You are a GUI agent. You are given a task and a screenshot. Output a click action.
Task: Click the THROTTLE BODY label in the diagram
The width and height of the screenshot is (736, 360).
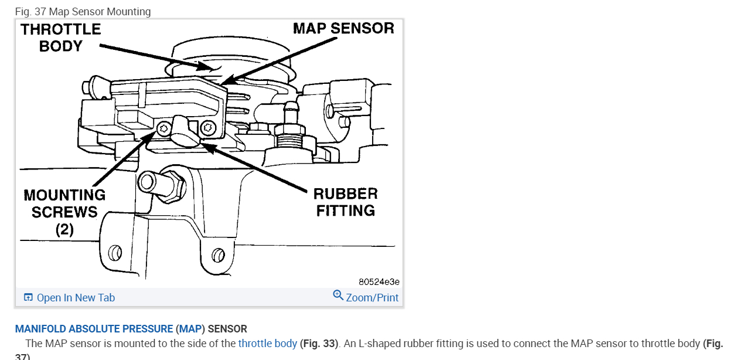coord(61,38)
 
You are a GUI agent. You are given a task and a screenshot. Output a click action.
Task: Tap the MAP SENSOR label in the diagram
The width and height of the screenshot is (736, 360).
coord(343,28)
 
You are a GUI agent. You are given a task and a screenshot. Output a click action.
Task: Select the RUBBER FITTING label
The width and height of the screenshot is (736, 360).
coord(345,202)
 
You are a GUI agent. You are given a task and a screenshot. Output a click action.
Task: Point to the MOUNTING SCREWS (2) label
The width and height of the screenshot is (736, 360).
coord(64,212)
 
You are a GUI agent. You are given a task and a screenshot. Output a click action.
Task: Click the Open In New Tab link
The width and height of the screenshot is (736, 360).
coord(76,298)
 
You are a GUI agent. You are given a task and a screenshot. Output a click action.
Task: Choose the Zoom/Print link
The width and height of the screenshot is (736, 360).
coord(372,298)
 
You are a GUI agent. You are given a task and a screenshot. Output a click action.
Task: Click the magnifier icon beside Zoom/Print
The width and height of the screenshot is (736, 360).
coord(338,295)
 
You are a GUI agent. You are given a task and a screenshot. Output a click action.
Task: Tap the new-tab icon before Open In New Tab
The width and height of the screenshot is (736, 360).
coord(28,298)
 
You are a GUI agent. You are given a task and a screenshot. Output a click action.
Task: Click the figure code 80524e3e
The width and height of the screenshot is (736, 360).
coord(379,281)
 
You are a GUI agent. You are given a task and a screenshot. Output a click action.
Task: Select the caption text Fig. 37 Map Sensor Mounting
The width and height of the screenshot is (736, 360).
coord(83,12)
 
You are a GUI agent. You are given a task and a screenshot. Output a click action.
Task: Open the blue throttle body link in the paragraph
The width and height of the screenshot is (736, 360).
coord(267,344)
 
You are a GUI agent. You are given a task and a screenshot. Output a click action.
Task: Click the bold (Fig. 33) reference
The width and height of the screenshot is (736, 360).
coord(319,344)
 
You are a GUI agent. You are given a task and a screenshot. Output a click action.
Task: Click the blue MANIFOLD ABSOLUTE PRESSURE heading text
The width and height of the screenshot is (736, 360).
coord(94,329)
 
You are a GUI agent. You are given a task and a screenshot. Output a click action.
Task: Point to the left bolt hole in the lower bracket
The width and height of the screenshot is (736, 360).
coord(115,253)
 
